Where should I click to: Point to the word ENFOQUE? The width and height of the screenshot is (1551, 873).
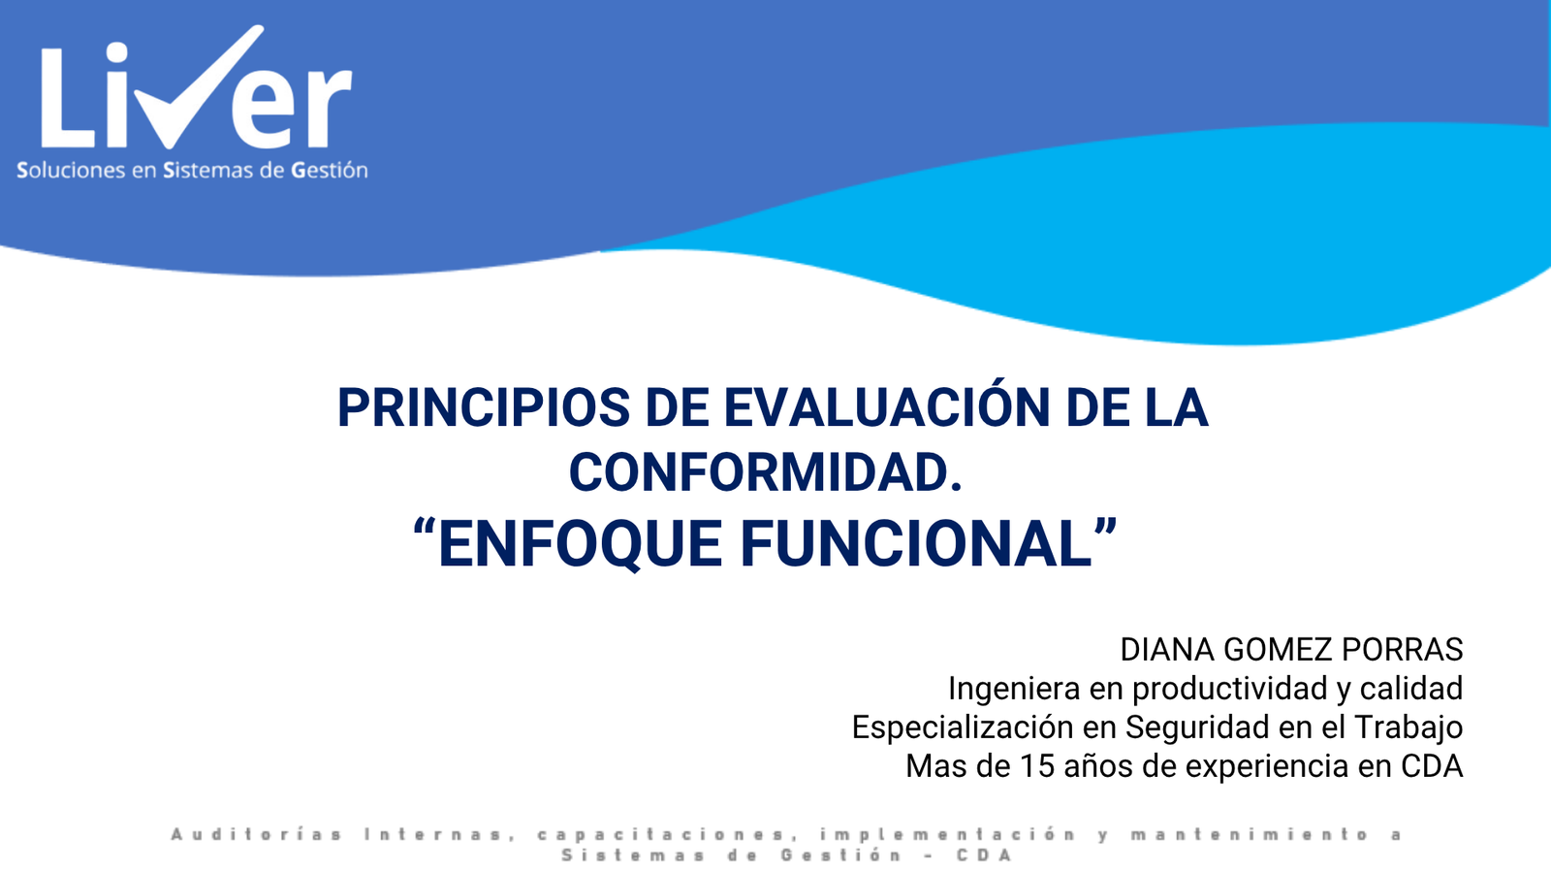click(x=579, y=544)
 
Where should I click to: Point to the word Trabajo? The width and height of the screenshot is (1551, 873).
click(x=1409, y=727)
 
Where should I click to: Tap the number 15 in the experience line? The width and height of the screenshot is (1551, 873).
click(x=1037, y=766)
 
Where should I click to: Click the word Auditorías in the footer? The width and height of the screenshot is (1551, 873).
click(x=257, y=834)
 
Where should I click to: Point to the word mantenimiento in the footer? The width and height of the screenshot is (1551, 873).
click(x=1250, y=834)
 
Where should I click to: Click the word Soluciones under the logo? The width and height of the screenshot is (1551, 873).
click(x=71, y=171)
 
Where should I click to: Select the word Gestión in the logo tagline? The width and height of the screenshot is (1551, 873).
click(x=330, y=171)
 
